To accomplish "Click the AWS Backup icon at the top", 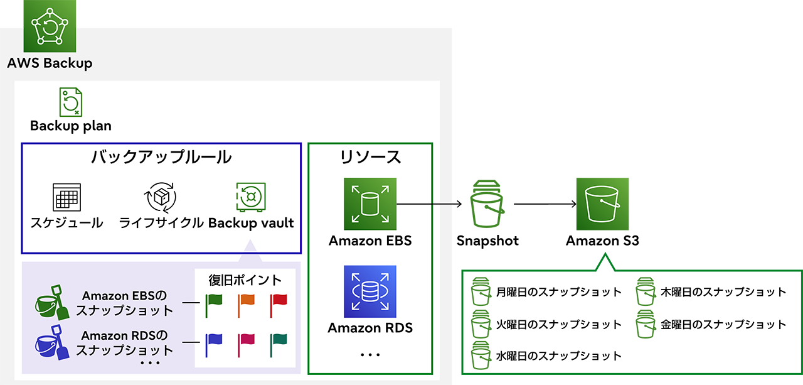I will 50,26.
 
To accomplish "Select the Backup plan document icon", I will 70,102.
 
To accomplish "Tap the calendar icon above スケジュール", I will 66,197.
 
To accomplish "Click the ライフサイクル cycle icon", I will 161,197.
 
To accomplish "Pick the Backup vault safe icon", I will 251,197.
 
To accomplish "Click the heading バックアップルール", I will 161,157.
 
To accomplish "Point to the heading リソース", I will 370,157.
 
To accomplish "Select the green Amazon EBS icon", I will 370,204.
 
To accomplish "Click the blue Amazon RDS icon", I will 370,291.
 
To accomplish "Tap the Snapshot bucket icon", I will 487,204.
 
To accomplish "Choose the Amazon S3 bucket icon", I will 602,204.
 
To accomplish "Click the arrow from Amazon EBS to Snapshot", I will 430,204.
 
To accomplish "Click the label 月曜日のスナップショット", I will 558,292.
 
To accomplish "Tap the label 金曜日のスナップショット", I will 723,325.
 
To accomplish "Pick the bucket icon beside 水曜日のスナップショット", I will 481,355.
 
